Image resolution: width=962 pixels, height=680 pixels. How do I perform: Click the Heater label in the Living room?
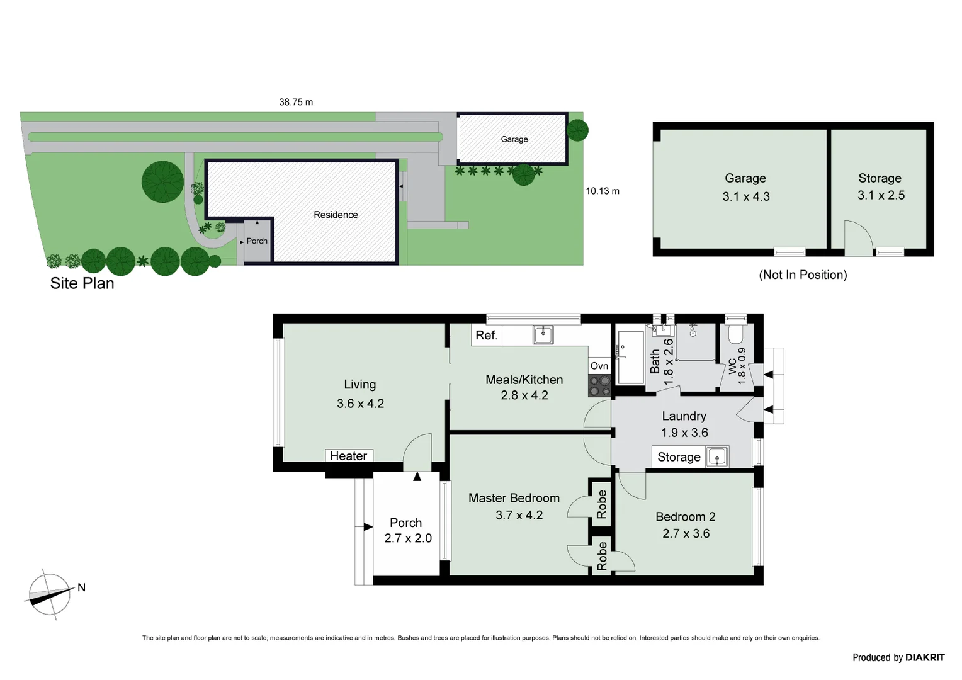pos(349,456)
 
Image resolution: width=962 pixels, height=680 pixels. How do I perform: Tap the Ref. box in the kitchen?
pos(487,336)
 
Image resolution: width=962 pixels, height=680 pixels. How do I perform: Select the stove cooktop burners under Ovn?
pos(599,385)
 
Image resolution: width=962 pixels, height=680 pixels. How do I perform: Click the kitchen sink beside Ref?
pos(543,334)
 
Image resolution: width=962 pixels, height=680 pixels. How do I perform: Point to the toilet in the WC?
pos(735,334)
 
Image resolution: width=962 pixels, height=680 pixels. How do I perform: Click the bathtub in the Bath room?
pos(630,357)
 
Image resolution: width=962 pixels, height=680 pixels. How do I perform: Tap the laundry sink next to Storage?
pos(717,456)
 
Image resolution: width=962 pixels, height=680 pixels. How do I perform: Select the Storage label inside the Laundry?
pos(679,457)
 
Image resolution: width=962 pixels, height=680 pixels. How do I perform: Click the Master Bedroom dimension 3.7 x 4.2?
pos(519,515)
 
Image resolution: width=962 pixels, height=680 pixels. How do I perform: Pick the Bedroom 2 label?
pos(685,517)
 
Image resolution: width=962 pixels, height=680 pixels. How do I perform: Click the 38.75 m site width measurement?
pos(296,102)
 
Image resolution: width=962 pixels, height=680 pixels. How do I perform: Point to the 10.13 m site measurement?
pos(603,191)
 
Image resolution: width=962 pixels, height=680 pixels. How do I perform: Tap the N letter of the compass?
pos(81,587)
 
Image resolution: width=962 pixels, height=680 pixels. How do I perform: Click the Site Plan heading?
pos(82,283)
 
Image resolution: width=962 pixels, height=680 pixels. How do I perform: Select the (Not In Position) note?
pos(803,275)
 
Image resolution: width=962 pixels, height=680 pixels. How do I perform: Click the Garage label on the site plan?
pos(514,139)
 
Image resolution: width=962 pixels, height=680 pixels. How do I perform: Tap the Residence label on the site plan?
pos(336,215)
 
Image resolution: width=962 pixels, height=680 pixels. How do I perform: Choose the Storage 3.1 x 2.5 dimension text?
pos(881,195)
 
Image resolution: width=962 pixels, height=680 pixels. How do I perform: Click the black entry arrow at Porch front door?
pos(417,477)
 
